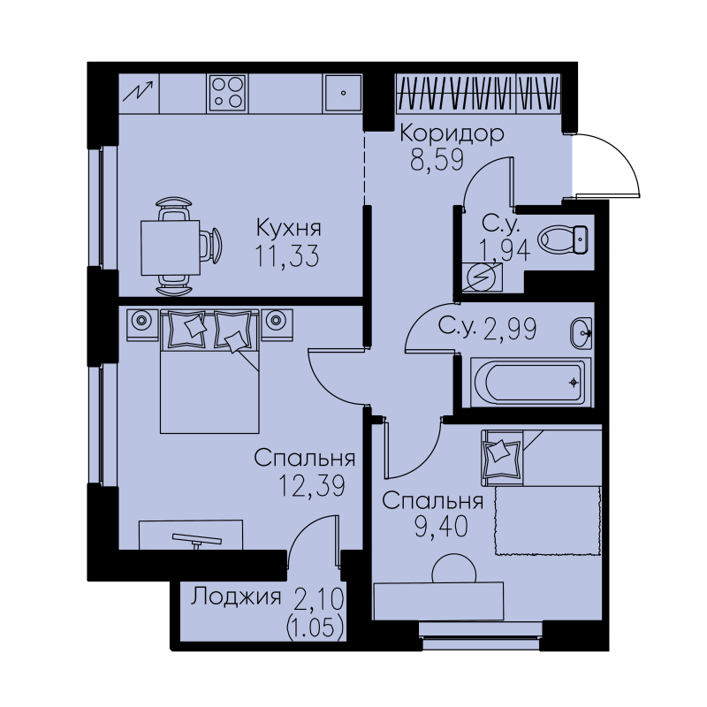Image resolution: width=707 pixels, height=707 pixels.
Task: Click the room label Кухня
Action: click(x=289, y=228)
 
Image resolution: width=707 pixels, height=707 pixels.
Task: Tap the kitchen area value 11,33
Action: click(x=287, y=256)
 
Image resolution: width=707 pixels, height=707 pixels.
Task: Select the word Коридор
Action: click(x=452, y=133)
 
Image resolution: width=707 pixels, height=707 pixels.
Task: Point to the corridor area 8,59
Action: click(x=437, y=160)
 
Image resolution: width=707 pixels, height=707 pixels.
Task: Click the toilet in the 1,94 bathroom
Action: click(x=563, y=239)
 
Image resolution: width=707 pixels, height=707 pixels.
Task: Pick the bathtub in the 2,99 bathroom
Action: click(x=530, y=383)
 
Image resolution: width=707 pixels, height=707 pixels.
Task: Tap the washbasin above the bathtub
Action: click(x=582, y=333)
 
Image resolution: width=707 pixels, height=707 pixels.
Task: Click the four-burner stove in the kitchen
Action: click(x=228, y=94)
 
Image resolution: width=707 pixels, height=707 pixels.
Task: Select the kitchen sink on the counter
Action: click(x=343, y=93)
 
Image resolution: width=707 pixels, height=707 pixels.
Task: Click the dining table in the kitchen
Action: click(x=171, y=247)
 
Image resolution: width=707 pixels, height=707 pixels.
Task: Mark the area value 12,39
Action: click(x=312, y=486)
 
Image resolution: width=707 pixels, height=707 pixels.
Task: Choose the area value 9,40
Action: click(x=441, y=527)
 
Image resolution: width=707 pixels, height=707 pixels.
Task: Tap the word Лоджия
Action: click(x=235, y=597)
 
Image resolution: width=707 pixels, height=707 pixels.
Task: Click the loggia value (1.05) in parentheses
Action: click(x=315, y=628)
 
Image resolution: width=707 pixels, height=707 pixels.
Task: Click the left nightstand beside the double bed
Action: click(x=142, y=324)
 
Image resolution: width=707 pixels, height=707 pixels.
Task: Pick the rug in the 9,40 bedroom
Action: click(x=548, y=521)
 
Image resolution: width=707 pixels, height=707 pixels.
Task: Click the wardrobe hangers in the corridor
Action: click(x=478, y=93)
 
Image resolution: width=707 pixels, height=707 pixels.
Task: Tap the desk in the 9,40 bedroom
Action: click(x=438, y=601)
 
